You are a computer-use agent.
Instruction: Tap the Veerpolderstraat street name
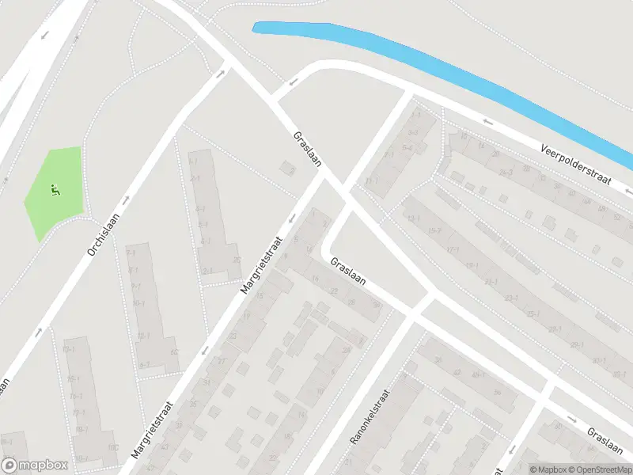tap(577, 164)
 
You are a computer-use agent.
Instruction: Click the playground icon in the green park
tap(55, 190)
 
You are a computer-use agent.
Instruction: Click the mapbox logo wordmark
tap(35, 465)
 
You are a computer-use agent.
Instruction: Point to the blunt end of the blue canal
tap(256, 28)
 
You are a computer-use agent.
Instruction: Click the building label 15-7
tap(434, 230)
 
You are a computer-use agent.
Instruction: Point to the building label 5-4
tap(407, 148)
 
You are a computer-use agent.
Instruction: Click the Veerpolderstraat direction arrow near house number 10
tap(487, 123)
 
